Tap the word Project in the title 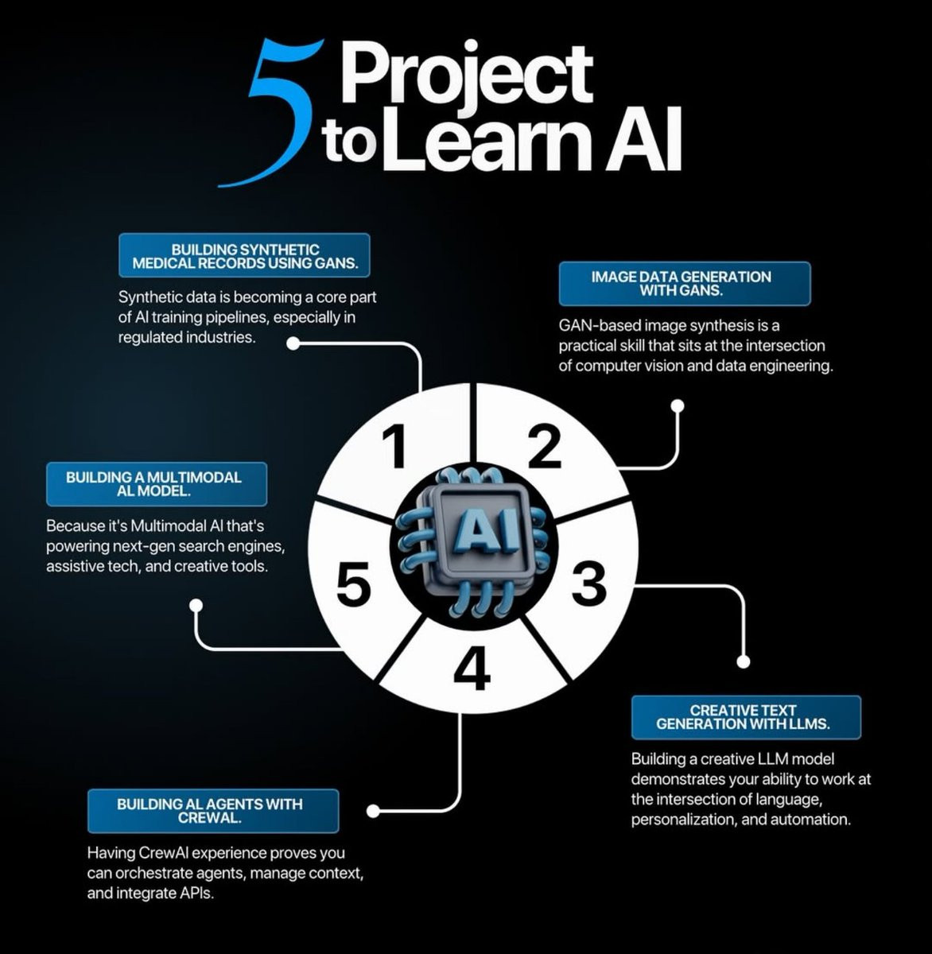(467, 73)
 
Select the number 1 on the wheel (394, 446)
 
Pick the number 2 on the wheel (544, 446)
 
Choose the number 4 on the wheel (472, 668)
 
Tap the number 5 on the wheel (353, 584)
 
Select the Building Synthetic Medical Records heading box (244, 255)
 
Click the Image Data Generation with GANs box (685, 283)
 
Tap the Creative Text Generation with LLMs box (746, 717)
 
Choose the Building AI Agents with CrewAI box (213, 811)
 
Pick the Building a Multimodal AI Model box (157, 484)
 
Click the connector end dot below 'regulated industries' (293, 343)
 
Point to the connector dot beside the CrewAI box (373, 812)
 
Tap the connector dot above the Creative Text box (744, 661)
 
